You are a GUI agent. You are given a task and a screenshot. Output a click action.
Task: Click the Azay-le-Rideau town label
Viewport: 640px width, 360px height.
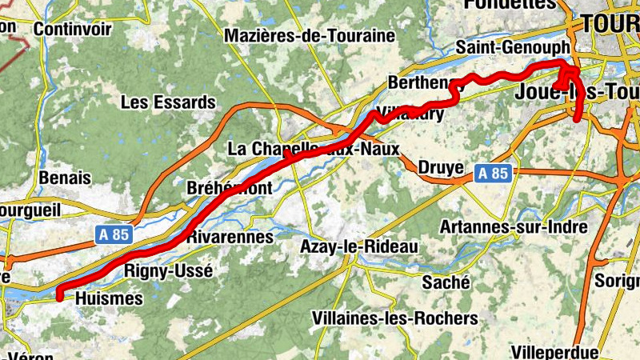point(358,247)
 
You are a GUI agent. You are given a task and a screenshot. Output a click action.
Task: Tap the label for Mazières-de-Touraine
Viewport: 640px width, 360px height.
point(310,36)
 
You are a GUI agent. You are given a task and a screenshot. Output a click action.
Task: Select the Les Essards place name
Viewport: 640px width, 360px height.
point(168,102)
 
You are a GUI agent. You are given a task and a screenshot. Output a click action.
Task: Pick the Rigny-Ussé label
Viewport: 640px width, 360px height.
point(169,271)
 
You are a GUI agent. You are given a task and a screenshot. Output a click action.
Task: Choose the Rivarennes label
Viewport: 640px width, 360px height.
point(230,238)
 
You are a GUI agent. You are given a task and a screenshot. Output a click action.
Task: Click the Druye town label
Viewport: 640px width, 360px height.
point(440,168)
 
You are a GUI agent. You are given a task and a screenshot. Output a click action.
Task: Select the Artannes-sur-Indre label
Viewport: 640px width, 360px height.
point(514,227)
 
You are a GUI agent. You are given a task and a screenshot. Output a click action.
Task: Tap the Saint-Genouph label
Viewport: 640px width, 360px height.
point(512,48)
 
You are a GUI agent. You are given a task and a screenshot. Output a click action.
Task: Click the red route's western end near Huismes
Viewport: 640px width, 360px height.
point(59,297)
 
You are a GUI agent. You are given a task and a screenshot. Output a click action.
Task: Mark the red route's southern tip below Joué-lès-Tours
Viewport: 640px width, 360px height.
point(578,119)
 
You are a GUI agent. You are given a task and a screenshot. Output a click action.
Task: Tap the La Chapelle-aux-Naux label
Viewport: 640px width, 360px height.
point(313,149)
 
